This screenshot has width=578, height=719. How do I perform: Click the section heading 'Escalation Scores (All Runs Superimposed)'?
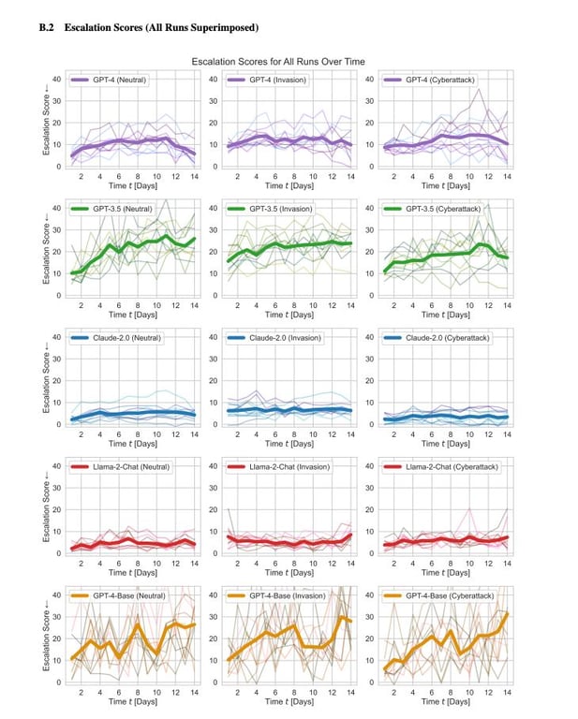[161, 29]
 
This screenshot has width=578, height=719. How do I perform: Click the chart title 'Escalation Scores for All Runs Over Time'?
[278, 62]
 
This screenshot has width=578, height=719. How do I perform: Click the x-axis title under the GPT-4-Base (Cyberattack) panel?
[445, 701]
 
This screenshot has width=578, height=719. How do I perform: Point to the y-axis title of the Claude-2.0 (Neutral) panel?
[46, 380]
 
